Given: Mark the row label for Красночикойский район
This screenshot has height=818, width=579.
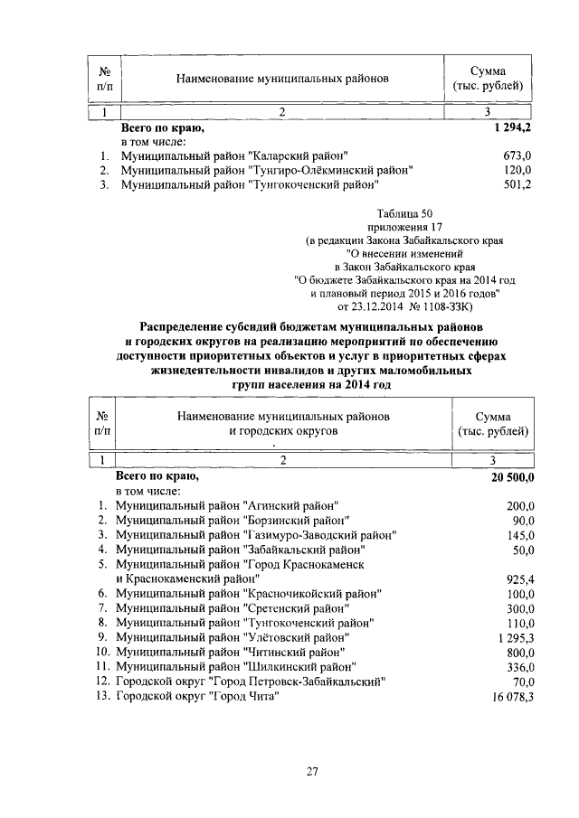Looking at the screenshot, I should (x=248, y=593).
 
